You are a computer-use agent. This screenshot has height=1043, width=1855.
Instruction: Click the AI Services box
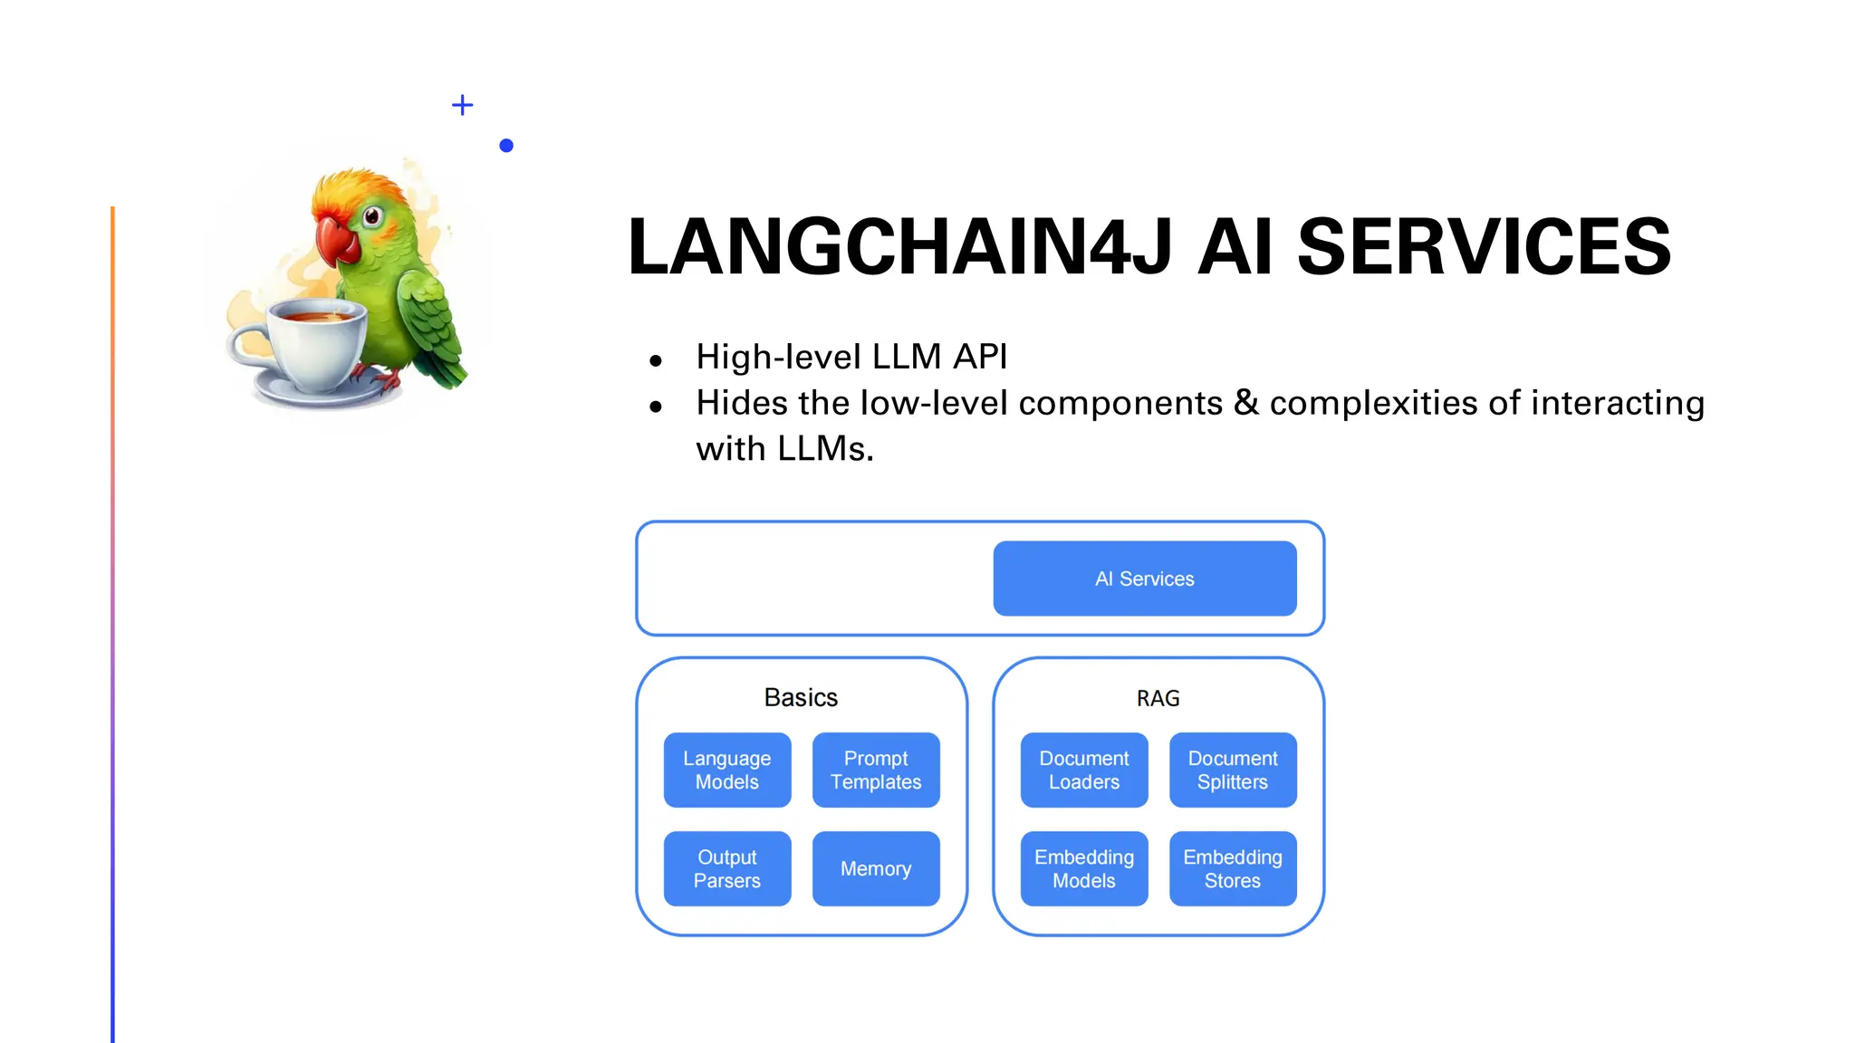pos(1144,579)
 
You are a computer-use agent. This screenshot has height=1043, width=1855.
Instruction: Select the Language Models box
pos(726,770)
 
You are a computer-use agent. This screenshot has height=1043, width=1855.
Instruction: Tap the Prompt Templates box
pos(876,770)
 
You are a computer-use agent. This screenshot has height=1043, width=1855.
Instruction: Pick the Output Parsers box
pos(726,868)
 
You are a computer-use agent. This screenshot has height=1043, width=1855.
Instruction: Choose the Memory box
pos(876,868)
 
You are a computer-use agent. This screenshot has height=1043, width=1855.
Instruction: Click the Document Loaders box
pos(1083,770)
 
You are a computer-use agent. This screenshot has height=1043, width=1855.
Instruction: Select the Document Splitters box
pos(1233,770)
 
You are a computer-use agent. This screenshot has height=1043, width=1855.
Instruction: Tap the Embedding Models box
pos(1083,868)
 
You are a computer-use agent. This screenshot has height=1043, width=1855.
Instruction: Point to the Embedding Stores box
pos(1233,868)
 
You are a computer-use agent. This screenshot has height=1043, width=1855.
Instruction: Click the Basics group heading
pos(801,697)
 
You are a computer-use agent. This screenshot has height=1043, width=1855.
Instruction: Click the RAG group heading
pos(1158,698)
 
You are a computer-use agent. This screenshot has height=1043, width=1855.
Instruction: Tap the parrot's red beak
pos(336,239)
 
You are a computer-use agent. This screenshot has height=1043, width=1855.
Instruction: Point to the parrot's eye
pos(371,216)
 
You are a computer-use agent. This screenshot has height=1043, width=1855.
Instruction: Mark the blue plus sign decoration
pos(462,105)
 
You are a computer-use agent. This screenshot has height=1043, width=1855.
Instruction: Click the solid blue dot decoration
pos(506,145)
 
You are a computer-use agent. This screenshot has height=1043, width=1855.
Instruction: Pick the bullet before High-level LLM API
pos(656,360)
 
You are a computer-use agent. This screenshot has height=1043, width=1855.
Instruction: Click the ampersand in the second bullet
pos(1246,403)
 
